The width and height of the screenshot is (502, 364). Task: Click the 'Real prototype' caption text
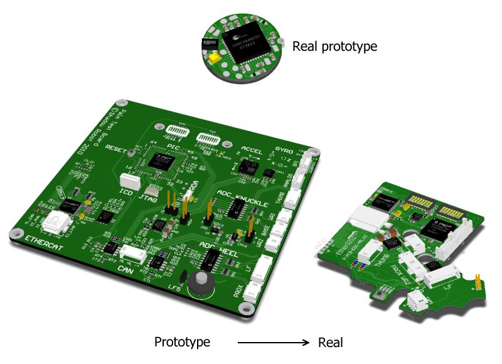(x=334, y=46)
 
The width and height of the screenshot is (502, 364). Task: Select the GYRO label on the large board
(x=283, y=151)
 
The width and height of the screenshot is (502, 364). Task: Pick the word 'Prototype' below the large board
(x=182, y=342)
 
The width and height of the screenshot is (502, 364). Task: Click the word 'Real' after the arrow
(x=331, y=342)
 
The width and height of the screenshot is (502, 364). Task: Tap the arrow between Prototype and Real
(x=274, y=343)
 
